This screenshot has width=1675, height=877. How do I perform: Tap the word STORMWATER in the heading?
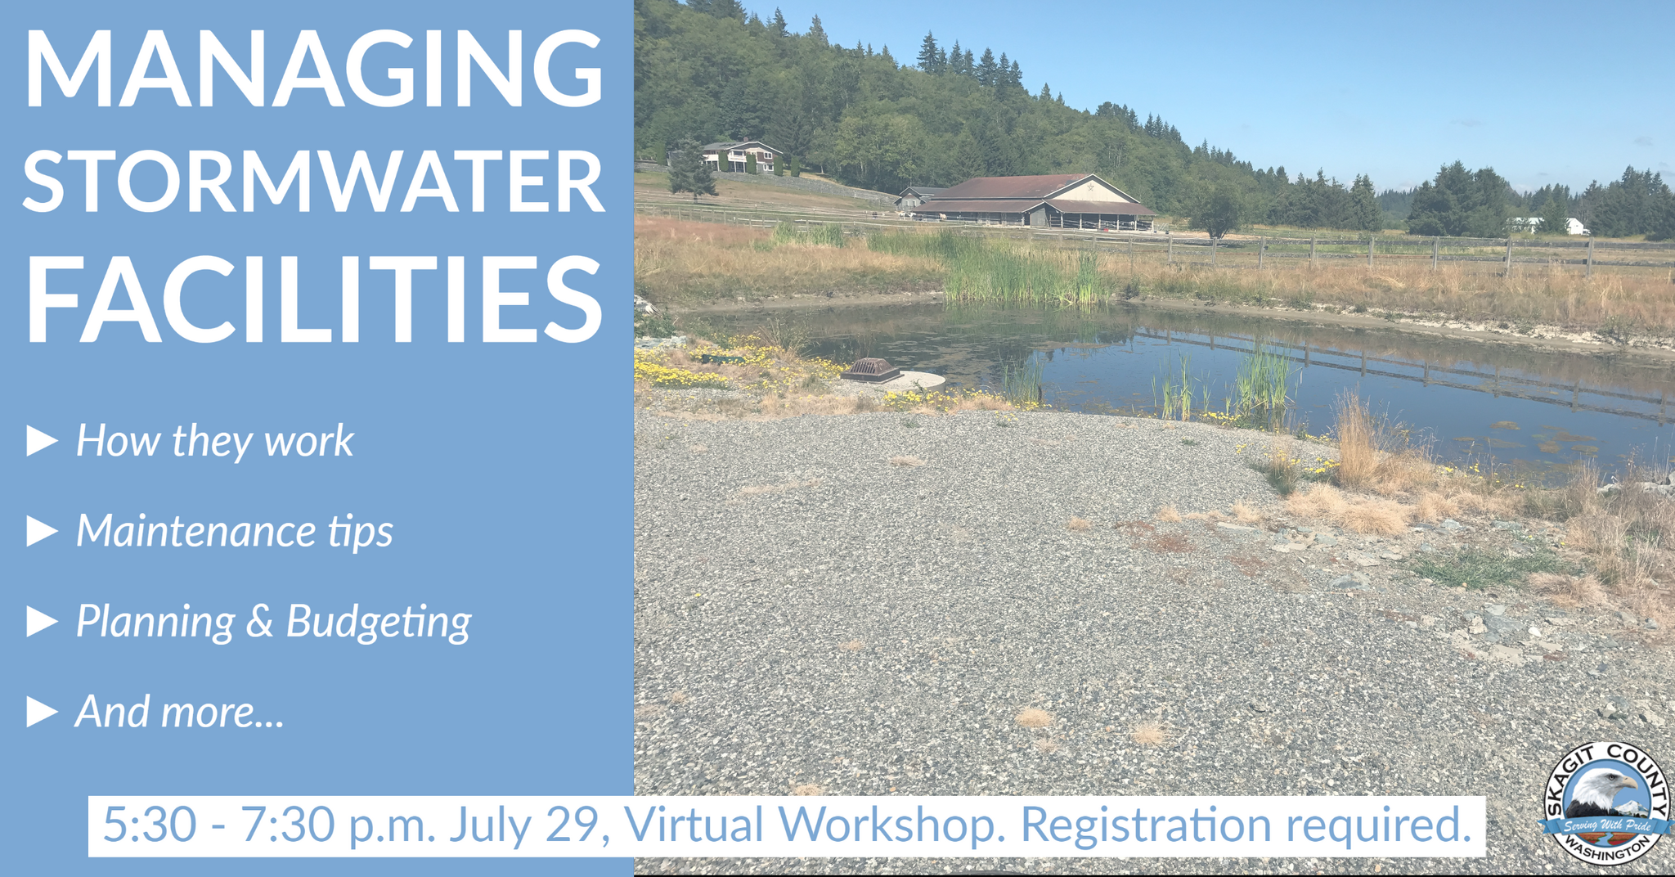pyautogui.click(x=313, y=181)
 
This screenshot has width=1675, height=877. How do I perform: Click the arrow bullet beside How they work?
pyautogui.click(x=42, y=441)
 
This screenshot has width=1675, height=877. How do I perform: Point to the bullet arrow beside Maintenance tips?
pyautogui.click(x=42, y=531)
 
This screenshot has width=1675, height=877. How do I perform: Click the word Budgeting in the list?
pyautogui.click(x=379, y=623)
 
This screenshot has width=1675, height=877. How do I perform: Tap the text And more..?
pyautogui.click(x=179, y=712)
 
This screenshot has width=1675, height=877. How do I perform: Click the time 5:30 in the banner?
pyautogui.click(x=150, y=825)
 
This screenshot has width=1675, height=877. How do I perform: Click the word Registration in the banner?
pyautogui.click(x=1146, y=825)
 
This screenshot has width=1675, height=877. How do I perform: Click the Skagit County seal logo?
pyautogui.click(x=1606, y=803)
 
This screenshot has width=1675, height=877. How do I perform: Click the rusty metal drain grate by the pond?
pyautogui.click(x=870, y=370)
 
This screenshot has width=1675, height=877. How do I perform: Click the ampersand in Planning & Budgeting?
pyautogui.click(x=259, y=621)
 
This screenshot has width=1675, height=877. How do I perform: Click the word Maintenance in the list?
pyautogui.click(x=196, y=531)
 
